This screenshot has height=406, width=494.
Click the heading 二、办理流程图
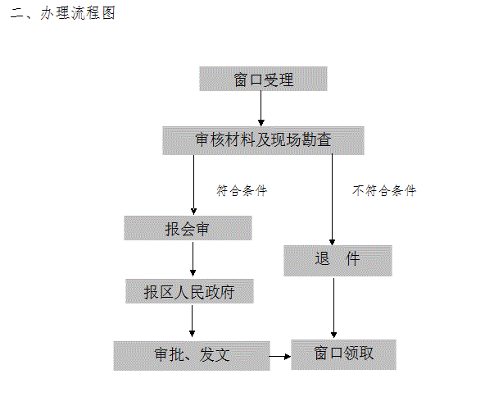(x=63, y=13)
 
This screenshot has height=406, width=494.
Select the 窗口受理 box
(x=263, y=79)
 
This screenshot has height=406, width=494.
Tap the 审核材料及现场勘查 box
(x=263, y=140)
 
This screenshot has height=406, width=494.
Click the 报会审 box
(x=188, y=228)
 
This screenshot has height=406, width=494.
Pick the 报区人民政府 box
(x=189, y=291)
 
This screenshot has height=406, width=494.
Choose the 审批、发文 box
(x=192, y=355)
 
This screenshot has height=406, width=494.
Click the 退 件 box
(x=338, y=261)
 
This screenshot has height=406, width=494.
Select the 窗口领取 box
(x=343, y=354)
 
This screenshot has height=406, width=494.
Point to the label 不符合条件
(x=384, y=190)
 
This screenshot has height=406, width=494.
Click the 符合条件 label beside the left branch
(x=242, y=190)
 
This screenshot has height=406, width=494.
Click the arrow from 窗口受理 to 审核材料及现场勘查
(x=261, y=108)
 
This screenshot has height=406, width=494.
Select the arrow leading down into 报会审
(x=194, y=185)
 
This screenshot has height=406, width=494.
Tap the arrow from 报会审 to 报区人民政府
(x=193, y=259)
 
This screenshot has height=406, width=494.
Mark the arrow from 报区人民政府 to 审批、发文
(x=192, y=321)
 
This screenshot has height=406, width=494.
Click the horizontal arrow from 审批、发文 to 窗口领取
(x=279, y=357)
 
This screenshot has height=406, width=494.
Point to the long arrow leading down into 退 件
(x=332, y=199)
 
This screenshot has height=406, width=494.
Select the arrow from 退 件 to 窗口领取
(x=333, y=308)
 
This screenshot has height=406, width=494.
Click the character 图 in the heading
(x=109, y=13)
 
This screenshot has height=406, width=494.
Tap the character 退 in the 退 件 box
(x=322, y=258)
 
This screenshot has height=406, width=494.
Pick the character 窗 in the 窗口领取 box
(x=321, y=354)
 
